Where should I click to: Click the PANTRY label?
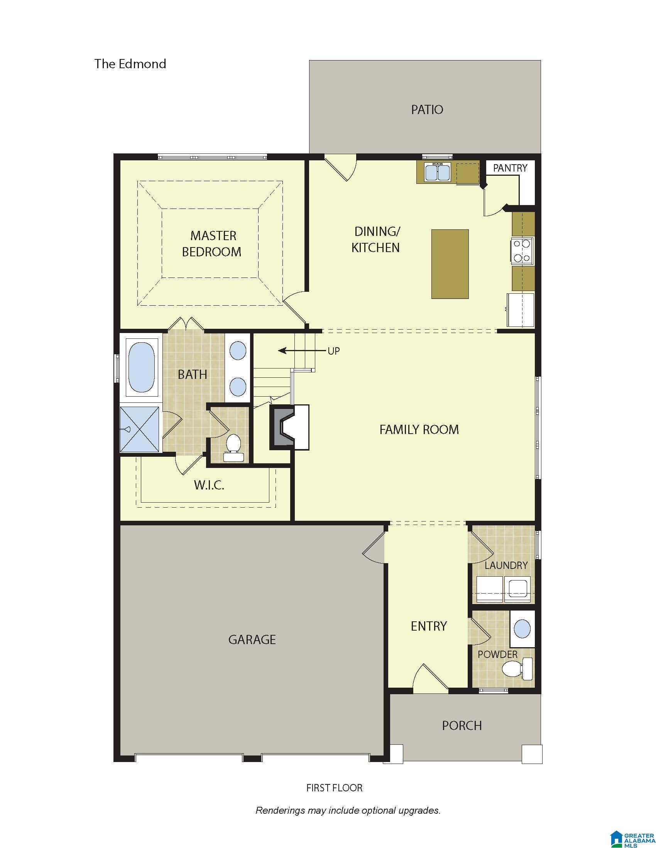(x=510, y=168)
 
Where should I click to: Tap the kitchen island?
(x=450, y=264)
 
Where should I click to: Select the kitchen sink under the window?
(x=437, y=172)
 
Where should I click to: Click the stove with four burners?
(x=522, y=251)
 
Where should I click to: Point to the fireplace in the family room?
(x=289, y=427)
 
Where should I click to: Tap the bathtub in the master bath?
(x=142, y=367)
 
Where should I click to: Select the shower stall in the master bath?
(x=140, y=429)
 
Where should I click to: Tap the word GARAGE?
(x=252, y=639)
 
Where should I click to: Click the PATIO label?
(x=427, y=109)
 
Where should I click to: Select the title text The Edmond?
(x=130, y=64)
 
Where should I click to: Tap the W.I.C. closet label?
(x=209, y=485)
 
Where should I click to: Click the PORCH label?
(x=462, y=725)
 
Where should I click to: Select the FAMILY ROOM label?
(x=419, y=429)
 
